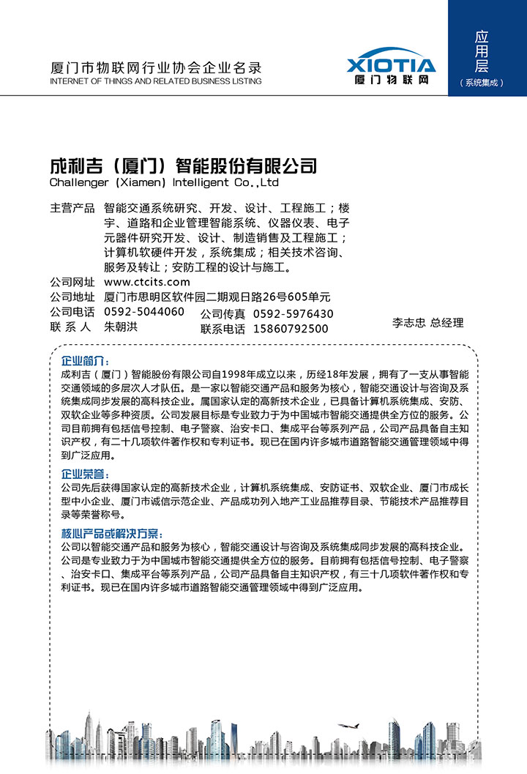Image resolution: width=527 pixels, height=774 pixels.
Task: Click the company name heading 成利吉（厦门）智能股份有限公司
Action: (183, 165)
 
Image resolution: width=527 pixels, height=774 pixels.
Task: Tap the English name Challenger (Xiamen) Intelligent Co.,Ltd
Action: (164, 182)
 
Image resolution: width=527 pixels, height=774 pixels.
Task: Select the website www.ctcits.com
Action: (147, 282)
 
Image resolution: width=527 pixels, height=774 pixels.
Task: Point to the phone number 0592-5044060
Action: (144, 312)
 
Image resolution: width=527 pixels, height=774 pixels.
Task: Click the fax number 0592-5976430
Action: (293, 314)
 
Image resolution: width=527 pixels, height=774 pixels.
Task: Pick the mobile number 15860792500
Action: (291, 329)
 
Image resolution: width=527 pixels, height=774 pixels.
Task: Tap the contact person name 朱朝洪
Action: (121, 327)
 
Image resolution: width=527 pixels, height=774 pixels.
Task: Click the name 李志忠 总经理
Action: (428, 322)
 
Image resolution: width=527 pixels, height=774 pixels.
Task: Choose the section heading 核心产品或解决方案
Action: (111, 533)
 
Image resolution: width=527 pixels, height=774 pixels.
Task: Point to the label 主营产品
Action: (72, 208)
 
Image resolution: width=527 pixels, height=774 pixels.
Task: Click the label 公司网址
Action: (72, 282)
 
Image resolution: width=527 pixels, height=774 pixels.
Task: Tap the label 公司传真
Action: (223, 314)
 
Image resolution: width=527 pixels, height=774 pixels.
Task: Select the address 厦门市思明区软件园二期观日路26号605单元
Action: (217, 297)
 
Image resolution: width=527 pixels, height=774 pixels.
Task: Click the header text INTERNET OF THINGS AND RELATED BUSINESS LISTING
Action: (155, 81)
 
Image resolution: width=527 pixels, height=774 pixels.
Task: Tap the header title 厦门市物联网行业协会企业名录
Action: (155, 68)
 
